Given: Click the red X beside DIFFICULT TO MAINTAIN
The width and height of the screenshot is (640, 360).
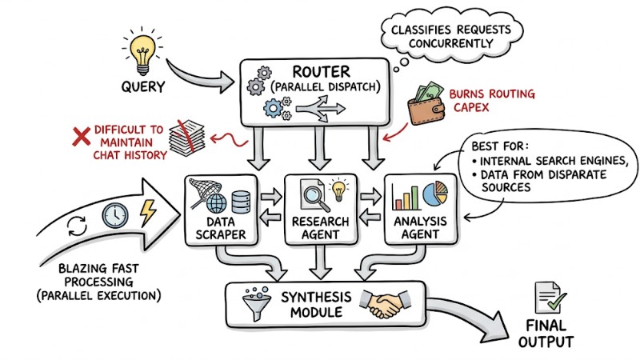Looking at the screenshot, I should (81, 137).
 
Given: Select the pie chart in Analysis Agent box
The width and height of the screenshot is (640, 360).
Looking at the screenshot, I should (433, 192).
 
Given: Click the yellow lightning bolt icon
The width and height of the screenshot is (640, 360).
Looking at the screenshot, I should (149, 213).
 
